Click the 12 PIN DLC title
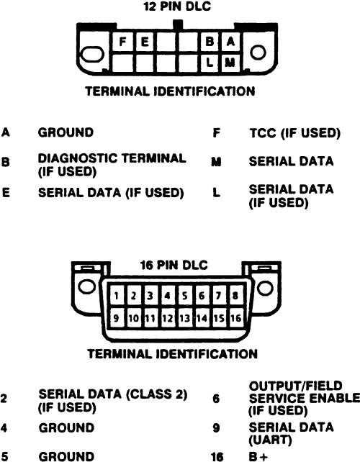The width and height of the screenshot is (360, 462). click(x=177, y=6)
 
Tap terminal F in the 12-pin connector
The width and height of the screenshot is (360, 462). click(x=122, y=42)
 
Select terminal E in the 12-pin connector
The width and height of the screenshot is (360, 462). click(x=144, y=42)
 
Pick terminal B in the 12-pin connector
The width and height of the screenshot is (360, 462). click(x=210, y=42)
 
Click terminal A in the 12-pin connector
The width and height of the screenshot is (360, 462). click(x=230, y=42)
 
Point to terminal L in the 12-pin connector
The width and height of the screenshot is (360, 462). click(x=210, y=63)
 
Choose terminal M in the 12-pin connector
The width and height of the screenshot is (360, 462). click(x=230, y=63)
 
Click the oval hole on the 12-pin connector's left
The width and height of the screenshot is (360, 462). click(x=92, y=55)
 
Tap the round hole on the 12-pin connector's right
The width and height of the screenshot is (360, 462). click(x=258, y=53)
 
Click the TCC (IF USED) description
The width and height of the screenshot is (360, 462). click(x=295, y=133)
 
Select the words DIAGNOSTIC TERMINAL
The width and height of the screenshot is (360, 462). click(x=112, y=158)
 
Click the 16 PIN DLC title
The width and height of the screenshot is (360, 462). click(x=174, y=265)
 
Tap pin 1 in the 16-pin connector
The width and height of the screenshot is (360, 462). click(x=117, y=295)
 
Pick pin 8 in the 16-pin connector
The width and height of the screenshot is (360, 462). click(x=235, y=295)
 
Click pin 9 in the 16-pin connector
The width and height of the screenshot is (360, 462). click(x=117, y=318)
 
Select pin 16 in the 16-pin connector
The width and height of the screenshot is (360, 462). click(x=236, y=318)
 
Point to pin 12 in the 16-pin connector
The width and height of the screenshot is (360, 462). click(x=168, y=318)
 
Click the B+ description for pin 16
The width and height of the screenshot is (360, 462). click(x=258, y=456)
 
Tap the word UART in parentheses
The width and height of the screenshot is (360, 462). click(x=270, y=440)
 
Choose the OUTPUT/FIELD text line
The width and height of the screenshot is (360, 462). click(x=296, y=386)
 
